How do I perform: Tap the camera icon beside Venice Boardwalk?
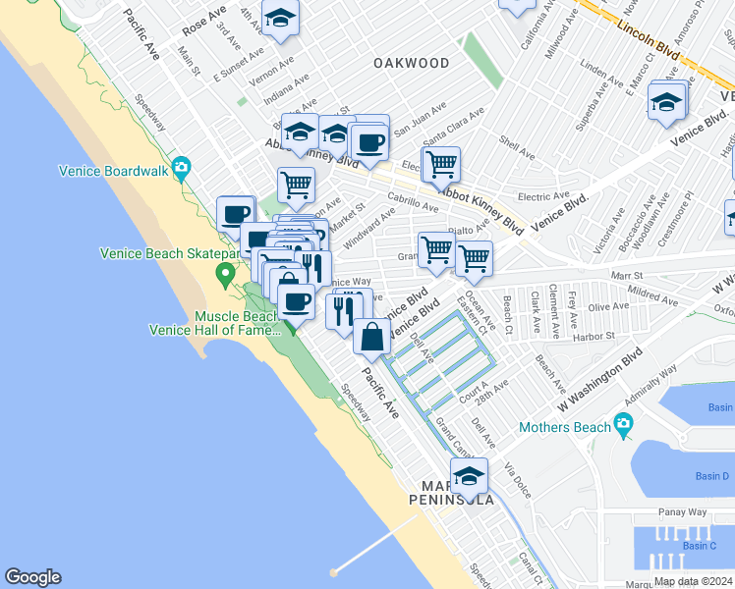click(x=181, y=169)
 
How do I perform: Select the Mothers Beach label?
click(x=565, y=426)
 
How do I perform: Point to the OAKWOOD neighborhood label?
click(x=412, y=63)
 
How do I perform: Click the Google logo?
click(x=32, y=577)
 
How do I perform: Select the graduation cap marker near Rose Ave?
click(x=280, y=20)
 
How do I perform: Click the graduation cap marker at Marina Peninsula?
click(x=469, y=478)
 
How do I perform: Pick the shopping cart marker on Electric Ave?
click(x=441, y=164)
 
